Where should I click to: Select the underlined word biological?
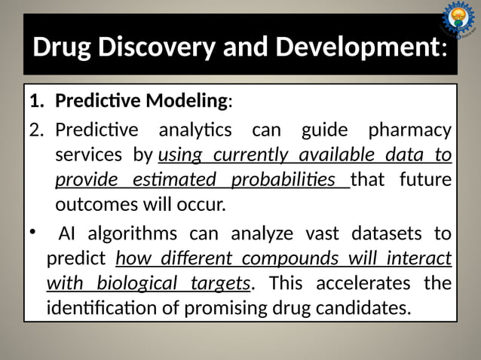point(145,283)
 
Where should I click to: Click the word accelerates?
point(357,283)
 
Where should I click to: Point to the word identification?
point(105,309)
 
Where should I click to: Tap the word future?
point(424,181)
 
